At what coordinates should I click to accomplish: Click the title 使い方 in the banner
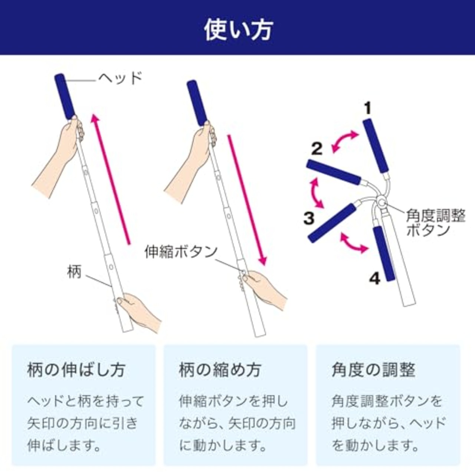237,30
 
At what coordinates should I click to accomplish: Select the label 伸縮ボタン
181,252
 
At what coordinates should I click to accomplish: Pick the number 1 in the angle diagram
367,108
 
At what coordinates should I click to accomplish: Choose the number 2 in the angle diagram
317,149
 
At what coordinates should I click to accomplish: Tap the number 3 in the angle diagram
309,218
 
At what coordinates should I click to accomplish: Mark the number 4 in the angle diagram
375,278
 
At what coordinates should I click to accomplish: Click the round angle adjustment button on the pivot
381,203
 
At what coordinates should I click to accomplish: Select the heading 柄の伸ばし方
76,370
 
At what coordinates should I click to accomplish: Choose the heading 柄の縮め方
220,370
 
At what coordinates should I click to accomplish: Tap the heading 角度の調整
373,370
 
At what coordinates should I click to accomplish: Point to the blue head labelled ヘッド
65,96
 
